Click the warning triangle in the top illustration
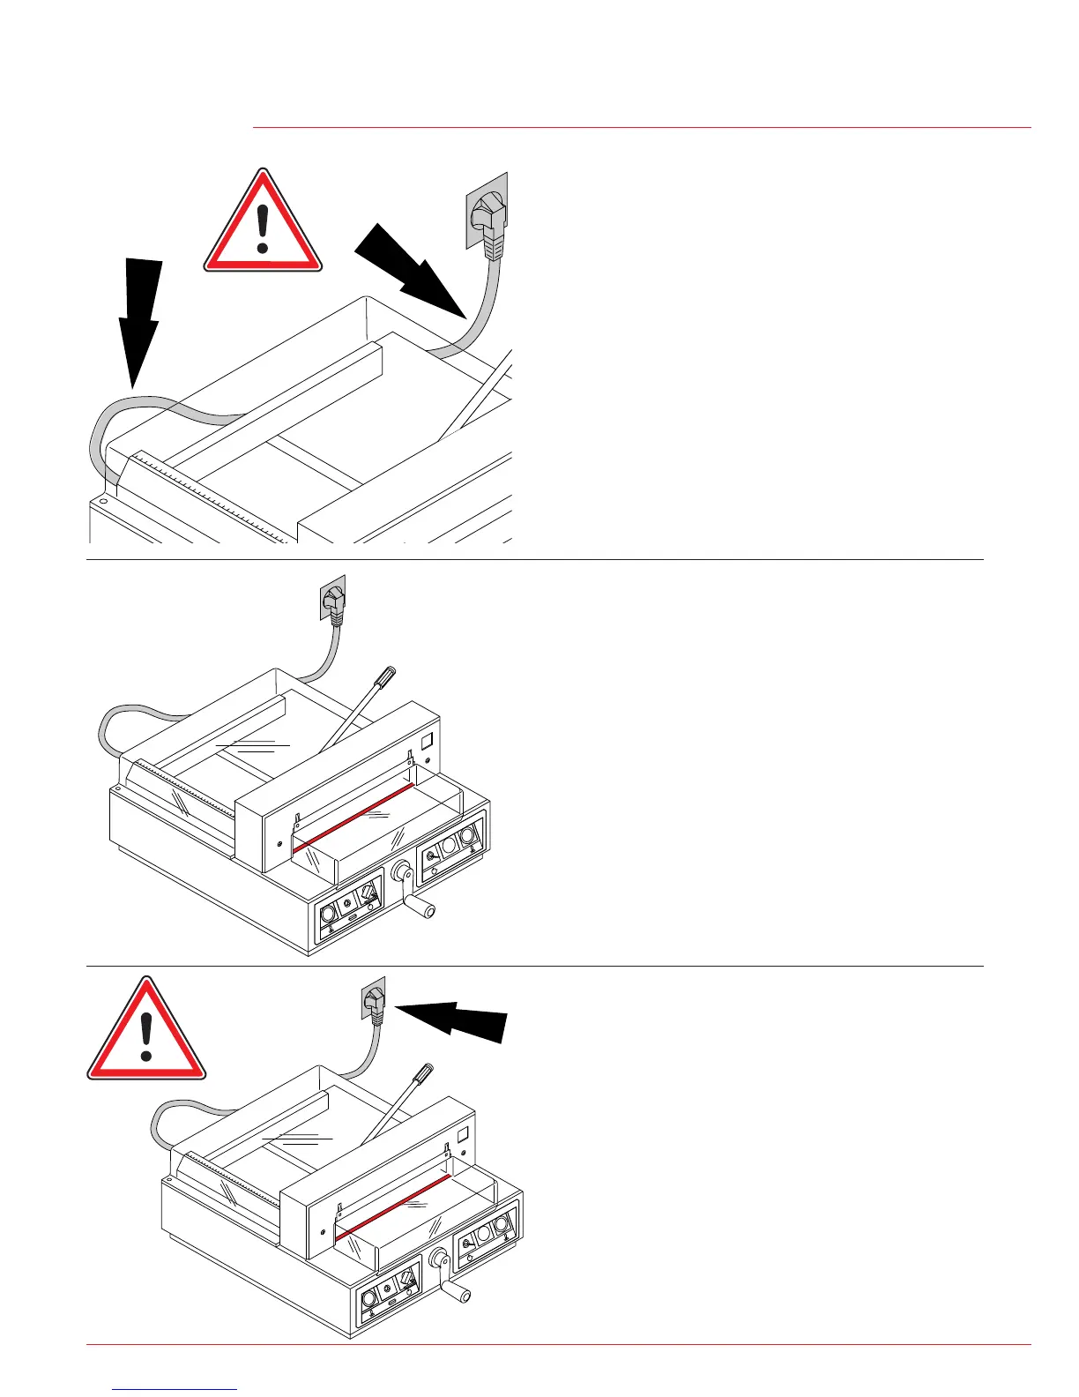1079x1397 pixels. point(263,226)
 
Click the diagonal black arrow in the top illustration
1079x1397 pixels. point(410,268)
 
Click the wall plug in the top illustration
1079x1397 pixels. point(487,216)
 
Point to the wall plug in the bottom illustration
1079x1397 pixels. point(375,1004)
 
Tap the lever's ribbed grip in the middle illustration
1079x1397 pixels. point(385,677)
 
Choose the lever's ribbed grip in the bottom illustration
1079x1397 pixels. point(423,1074)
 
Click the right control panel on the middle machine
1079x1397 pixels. point(451,846)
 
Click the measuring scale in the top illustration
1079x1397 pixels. point(212,497)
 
